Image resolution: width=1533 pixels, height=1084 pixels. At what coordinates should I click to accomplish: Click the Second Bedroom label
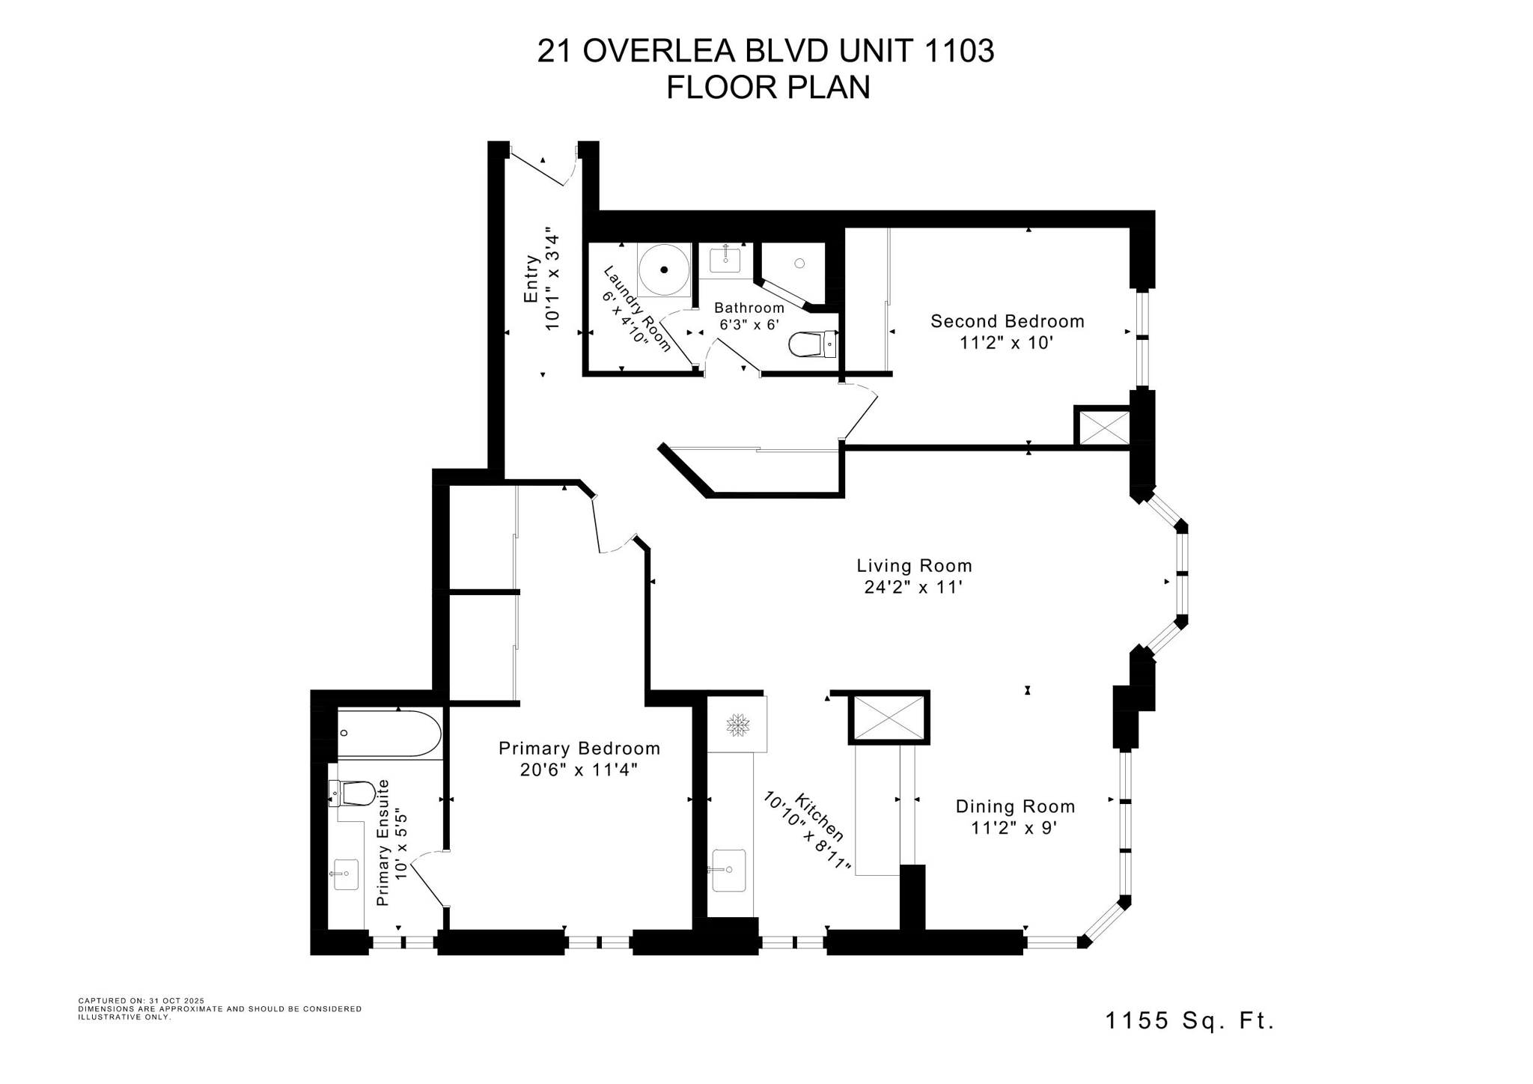point(1007,321)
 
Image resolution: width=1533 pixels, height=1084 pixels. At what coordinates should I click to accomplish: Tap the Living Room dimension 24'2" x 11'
point(912,588)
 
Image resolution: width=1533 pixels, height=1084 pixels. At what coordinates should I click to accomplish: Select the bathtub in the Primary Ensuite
point(388,733)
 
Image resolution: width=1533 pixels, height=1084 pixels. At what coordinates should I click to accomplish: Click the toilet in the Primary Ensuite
point(353,793)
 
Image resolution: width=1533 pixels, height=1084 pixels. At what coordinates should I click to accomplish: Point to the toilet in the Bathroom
point(811,345)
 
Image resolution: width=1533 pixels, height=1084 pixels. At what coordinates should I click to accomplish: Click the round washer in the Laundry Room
point(663,270)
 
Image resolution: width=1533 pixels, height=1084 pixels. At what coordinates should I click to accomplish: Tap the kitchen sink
point(728,870)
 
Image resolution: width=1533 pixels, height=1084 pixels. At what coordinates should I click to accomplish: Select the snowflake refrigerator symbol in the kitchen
point(738,725)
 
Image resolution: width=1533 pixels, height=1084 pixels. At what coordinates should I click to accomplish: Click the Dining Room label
point(1015,806)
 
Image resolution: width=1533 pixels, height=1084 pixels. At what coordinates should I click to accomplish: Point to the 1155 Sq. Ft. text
point(1189,1020)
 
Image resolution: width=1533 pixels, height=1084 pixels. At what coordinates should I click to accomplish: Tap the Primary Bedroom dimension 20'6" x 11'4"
point(579,770)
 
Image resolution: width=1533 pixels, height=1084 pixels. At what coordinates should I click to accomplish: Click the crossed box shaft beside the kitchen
point(889,717)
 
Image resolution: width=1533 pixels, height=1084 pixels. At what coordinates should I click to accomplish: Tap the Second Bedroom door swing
point(861,411)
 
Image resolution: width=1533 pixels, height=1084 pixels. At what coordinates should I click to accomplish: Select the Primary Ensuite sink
point(346,874)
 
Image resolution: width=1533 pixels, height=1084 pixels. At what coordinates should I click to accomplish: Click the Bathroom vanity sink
point(725,260)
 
